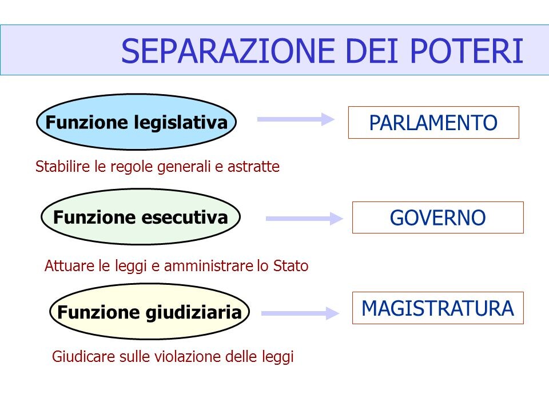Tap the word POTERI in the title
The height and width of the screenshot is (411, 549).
coord(467,51)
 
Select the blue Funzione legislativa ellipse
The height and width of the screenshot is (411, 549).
coord(137,122)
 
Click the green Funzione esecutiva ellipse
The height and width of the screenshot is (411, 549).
coord(141,217)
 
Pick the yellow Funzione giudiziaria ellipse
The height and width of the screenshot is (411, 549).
coord(149,312)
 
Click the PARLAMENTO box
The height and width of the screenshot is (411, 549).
coord(433,122)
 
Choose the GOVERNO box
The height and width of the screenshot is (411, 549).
coord(438,217)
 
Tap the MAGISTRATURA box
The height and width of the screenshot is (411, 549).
coord(438,308)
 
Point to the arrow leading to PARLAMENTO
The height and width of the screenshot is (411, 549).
coord(296,119)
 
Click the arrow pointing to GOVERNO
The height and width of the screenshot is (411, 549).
coord(304,219)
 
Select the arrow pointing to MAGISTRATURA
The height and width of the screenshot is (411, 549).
coord(300,313)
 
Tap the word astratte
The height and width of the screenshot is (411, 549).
coord(253,167)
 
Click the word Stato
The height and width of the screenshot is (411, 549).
coord(291,265)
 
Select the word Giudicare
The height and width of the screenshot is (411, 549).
coord(83,357)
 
